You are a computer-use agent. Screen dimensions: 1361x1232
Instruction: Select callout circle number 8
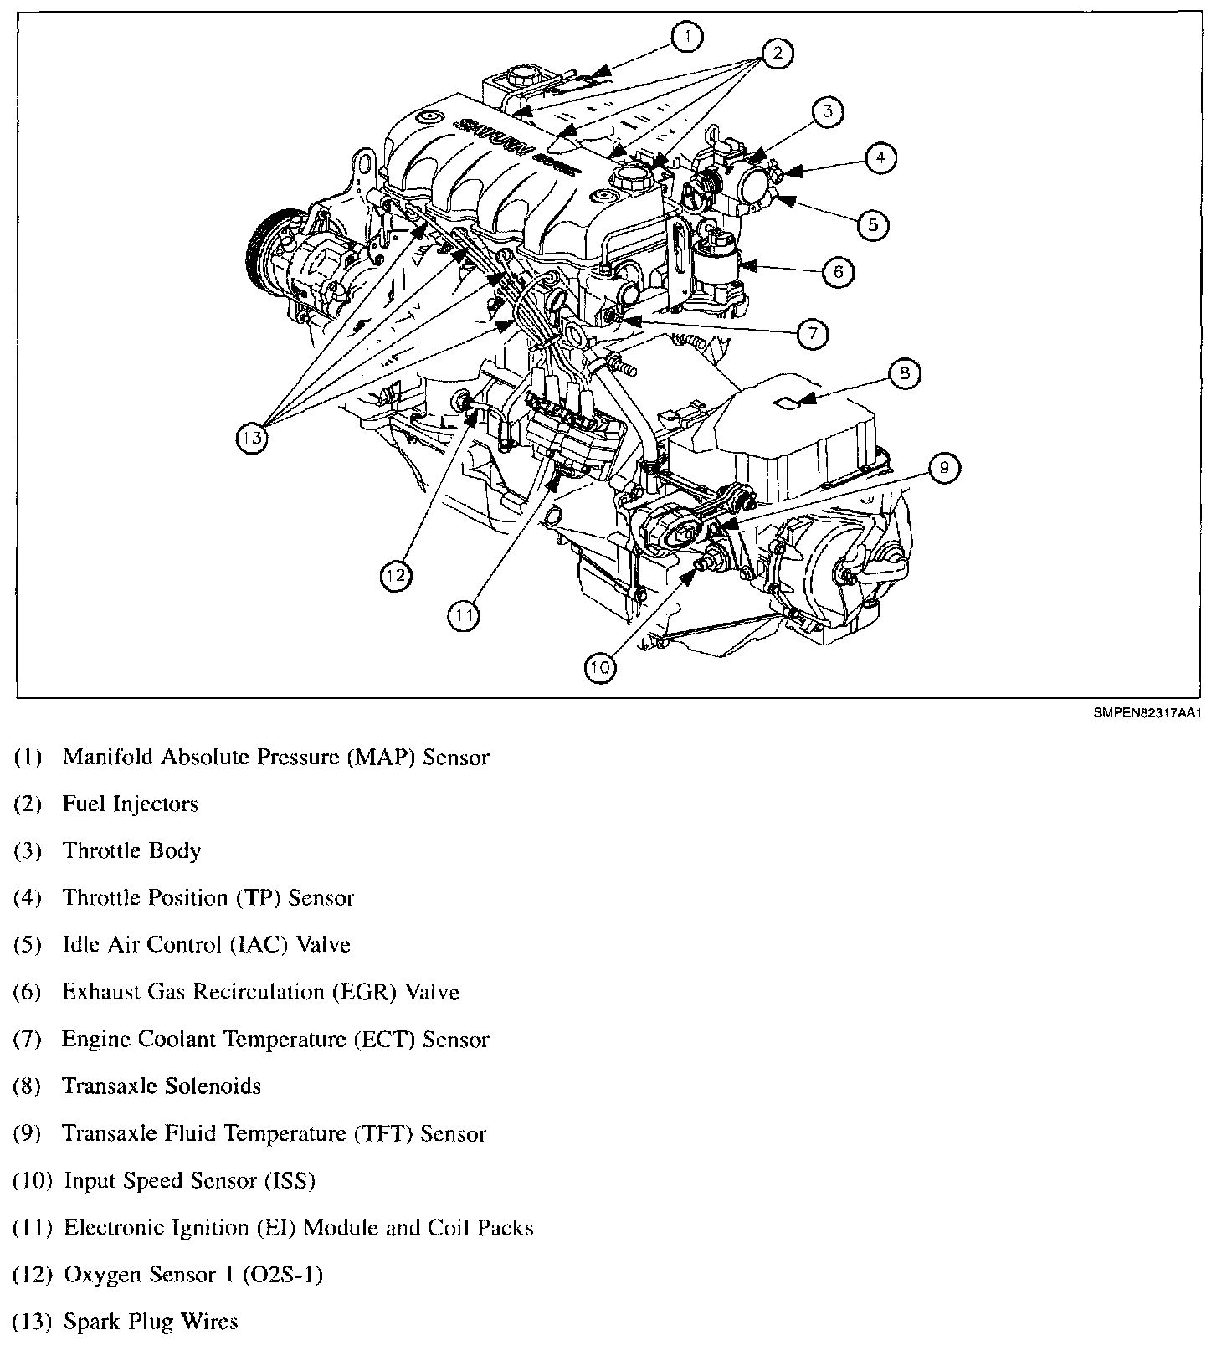pyautogui.click(x=904, y=372)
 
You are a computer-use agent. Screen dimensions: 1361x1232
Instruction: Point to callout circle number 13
pyautogui.click(x=252, y=437)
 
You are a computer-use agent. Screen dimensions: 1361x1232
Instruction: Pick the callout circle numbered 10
pyautogui.click(x=600, y=666)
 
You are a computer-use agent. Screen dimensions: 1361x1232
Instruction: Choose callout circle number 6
pyautogui.click(x=838, y=270)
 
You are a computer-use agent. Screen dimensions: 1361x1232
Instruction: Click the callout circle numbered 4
pyautogui.click(x=880, y=157)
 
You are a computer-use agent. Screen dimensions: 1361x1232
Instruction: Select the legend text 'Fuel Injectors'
pyautogui.click(x=131, y=804)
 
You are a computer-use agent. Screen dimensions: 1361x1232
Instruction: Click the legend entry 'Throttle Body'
pyautogui.click(x=131, y=851)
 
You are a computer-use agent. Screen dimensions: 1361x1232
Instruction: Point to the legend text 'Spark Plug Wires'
pyautogui.click(x=151, y=1322)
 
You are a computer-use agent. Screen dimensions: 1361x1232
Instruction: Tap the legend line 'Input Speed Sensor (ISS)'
pyautogui.click(x=189, y=1181)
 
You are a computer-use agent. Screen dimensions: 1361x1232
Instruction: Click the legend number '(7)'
pyautogui.click(x=28, y=1040)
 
